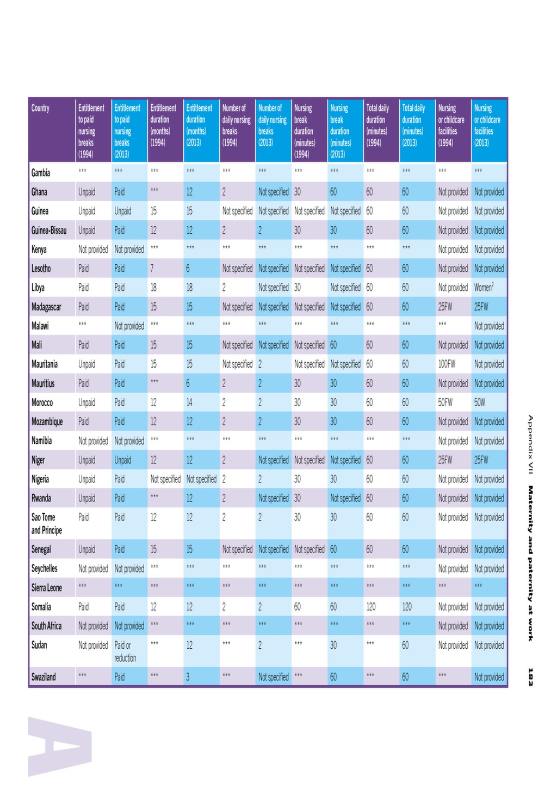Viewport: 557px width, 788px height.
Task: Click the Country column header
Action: click(x=40, y=108)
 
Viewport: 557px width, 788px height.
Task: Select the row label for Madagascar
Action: click(x=46, y=307)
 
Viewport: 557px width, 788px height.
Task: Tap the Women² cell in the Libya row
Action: click(x=484, y=287)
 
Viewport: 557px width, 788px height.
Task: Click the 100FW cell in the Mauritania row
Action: click(x=447, y=364)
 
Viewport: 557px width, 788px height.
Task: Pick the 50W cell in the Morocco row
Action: click(x=479, y=402)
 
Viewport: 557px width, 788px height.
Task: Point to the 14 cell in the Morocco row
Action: click(x=189, y=402)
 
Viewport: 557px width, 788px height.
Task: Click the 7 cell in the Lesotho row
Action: click(x=152, y=269)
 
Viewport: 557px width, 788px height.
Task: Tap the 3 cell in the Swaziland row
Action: click(x=188, y=677)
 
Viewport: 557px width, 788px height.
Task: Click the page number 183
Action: click(x=530, y=677)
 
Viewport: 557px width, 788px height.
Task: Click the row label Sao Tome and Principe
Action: click(x=46, y=524)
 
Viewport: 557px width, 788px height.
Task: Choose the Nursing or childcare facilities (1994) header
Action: click(x=451, y=125)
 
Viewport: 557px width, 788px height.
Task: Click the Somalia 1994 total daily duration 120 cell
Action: click(x=371, y=606)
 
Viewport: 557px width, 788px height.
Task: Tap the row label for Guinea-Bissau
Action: click(x=48, y=230)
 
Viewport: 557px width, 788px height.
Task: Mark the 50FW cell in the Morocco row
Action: click(x=445, y=402)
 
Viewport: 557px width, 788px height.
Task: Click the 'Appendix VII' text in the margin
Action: click(x=530, y=444)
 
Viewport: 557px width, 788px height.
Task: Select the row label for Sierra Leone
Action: click(x=46, y=587)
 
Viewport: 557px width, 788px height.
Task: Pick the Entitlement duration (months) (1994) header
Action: click(x=163, y=125)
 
